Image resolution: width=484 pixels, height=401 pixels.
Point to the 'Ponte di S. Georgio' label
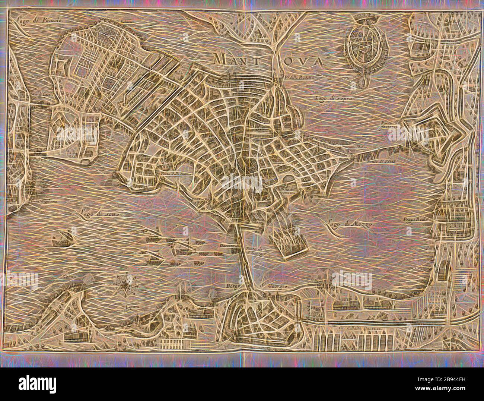(x=255, y=252)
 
